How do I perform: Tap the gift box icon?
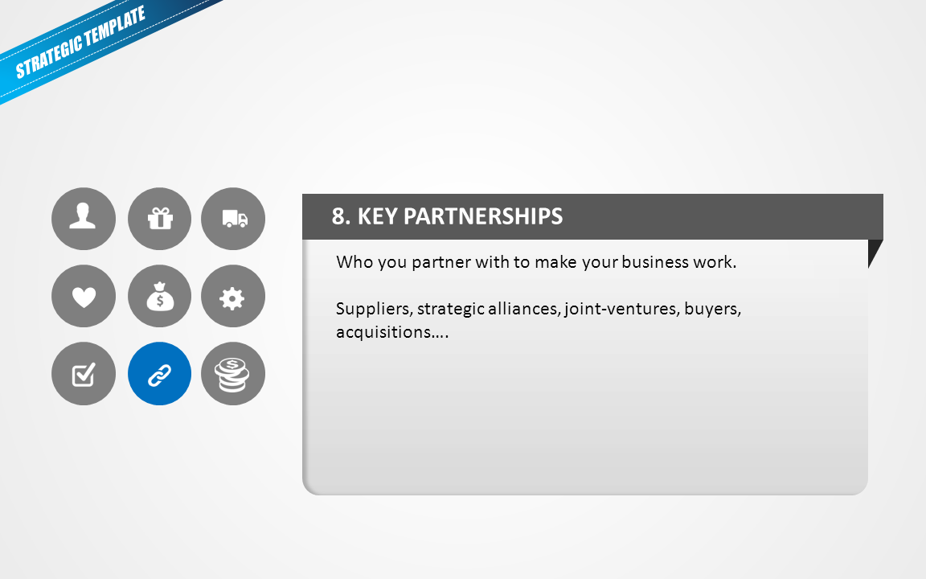point(159,219)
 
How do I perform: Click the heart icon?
point(84,296)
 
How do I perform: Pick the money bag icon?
point(159,296)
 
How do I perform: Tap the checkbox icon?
point(84,373)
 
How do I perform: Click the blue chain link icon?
point(159,373)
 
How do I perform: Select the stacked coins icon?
point(233,373)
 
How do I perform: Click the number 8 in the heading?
point(338,216)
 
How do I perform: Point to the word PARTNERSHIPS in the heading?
point(483,216)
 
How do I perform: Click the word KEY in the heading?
point(377,216)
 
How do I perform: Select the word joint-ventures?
point(621,309)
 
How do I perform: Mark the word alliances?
point(524,309)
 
